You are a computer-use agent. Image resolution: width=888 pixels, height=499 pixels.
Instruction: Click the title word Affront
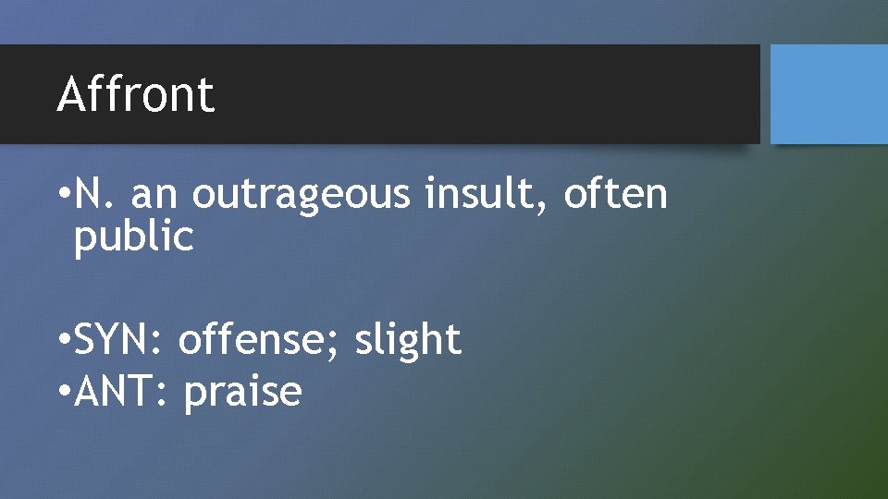[135, 94]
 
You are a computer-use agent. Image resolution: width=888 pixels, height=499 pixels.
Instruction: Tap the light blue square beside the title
[829, 94]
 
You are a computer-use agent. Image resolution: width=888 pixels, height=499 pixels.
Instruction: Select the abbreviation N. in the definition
[96, 194]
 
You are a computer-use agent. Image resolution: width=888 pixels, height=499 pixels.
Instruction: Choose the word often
[615, 194]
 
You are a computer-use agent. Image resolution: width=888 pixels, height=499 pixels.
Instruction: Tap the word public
[134, 238]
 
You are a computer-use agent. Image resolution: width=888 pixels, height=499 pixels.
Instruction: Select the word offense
[260, 340]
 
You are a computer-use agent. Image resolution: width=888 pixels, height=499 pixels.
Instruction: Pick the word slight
[408, 340]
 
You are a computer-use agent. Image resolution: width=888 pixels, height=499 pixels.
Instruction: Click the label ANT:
[119, 392]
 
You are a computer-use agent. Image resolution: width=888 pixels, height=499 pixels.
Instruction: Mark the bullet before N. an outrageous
[62, 195]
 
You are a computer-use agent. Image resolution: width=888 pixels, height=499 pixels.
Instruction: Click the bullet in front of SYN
[62, 340]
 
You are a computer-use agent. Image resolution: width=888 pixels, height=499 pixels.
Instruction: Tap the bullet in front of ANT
[62, 392]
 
